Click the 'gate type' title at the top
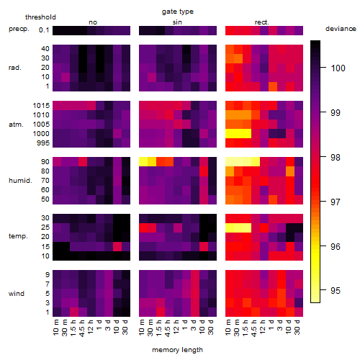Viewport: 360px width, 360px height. click(x=178, y=12)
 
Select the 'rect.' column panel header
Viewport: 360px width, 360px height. click(x=261, y=22)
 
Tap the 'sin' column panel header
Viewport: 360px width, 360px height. click(x=177, y=22)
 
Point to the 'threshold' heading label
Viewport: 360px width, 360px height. click(x=40, y=17)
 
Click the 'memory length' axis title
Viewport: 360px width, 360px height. click(x=177, y=350)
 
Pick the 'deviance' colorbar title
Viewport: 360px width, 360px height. click(x=341, y=29)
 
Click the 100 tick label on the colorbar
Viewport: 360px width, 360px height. click(x=338, y=68)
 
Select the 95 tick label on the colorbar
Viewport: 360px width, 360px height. click(x=336, y=291)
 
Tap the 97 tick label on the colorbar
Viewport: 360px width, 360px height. click(x=336, y=202)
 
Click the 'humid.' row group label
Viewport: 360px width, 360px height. click(x=20, y=181)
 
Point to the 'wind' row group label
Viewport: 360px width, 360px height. click(x=17, y=294)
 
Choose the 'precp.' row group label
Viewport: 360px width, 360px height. click(x=19, y=29)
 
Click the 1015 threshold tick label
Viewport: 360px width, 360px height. click(x=41, y=106)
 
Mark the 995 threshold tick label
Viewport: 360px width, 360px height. click(x=43, y=143)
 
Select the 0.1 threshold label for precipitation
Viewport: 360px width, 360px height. click(x=44, y=30)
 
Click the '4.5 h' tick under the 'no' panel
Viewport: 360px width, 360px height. click(x=81, y=328)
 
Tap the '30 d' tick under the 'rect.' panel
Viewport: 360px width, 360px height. click(x=297, y=327)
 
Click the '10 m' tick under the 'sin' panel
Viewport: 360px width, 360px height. click(x=142, y=328)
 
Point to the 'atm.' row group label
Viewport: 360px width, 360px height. click(x=16, y=125)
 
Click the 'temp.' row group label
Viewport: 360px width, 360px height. click(x=18, y=236)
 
